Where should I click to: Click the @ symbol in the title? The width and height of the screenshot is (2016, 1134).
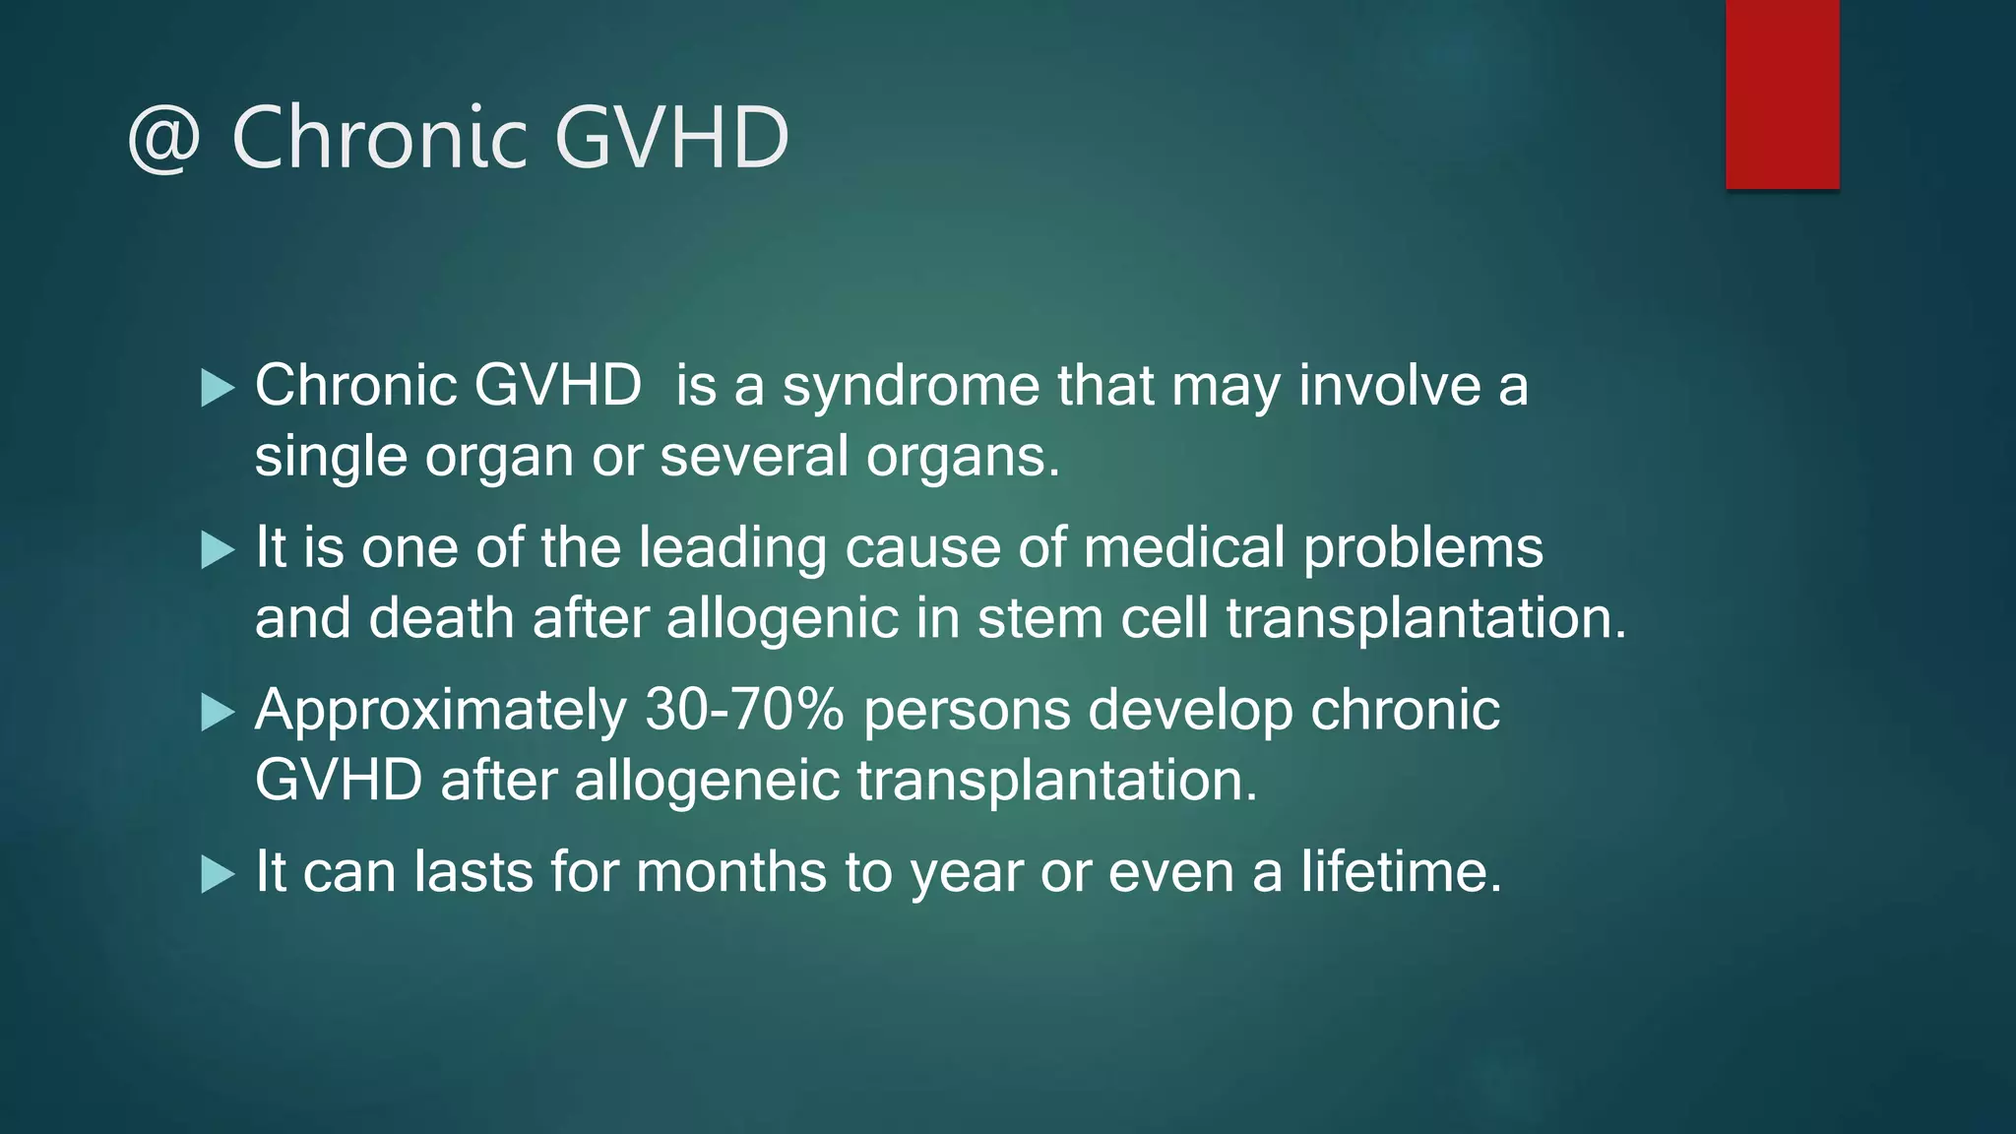pos(164,139)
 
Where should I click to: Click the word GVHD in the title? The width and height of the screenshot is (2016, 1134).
pos(672,137)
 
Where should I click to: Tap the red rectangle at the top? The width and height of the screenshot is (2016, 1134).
pos(1782,94)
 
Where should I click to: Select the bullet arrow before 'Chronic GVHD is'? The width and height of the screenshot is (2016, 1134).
pos(217,388)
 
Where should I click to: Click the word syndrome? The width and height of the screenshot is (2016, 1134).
pos(911,386)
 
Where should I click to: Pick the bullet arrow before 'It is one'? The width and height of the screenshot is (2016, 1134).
pos(217,549)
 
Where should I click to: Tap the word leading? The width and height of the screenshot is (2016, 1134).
pos(732,547)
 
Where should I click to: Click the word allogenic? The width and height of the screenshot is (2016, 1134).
pos(783,619)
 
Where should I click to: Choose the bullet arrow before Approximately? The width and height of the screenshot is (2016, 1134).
pos(217,712)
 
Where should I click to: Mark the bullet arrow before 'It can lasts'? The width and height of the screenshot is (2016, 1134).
pos(217,874)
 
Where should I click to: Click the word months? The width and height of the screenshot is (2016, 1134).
pos(730,872)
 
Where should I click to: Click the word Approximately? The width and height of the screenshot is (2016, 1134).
pos(440,711)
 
